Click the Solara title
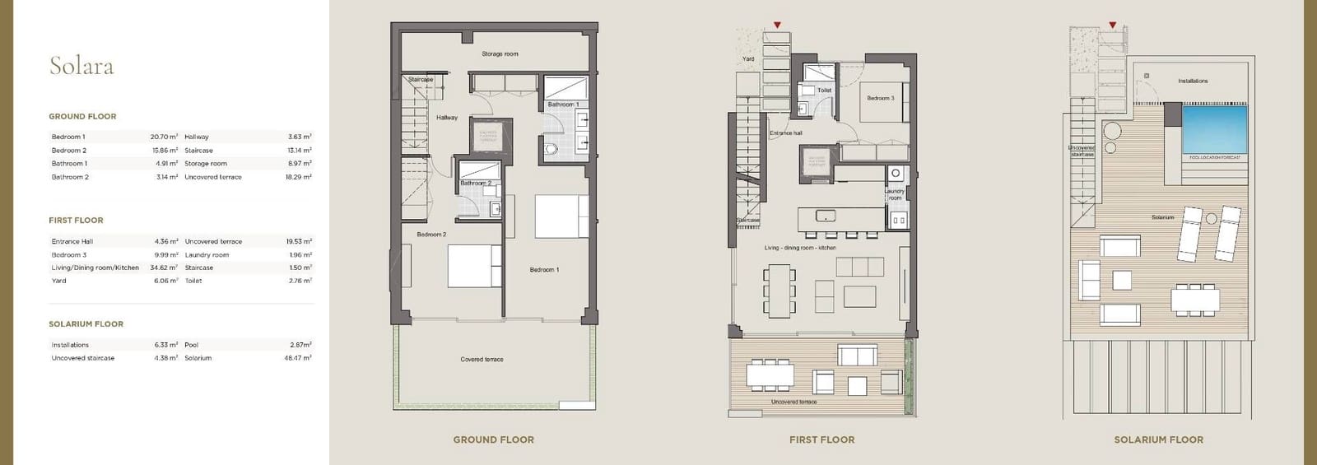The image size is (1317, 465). point(81,66)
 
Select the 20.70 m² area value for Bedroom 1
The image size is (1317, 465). point(164,137)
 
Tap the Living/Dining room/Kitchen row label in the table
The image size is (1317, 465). point(95,267)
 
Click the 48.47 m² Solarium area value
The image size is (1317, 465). point(298,358)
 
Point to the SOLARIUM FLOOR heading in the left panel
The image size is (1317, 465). point(86,324)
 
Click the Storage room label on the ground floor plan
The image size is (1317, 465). point(500,54)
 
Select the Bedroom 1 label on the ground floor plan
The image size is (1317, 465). point(543,270)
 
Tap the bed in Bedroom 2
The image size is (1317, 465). point(474,266)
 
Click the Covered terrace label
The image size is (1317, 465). point(482,360)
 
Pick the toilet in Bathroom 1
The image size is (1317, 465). point(551,149)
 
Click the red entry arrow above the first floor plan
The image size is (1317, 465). point(777,26)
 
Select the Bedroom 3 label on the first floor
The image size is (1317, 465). point(880,98)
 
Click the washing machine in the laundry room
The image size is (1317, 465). point(896,174)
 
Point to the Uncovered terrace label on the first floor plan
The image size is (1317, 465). point(793,402)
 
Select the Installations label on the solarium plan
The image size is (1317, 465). point(1193,81)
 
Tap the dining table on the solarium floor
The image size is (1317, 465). point(1194,300)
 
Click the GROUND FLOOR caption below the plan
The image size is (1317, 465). point(493,439)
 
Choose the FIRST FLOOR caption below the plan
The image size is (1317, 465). point(821,439)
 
